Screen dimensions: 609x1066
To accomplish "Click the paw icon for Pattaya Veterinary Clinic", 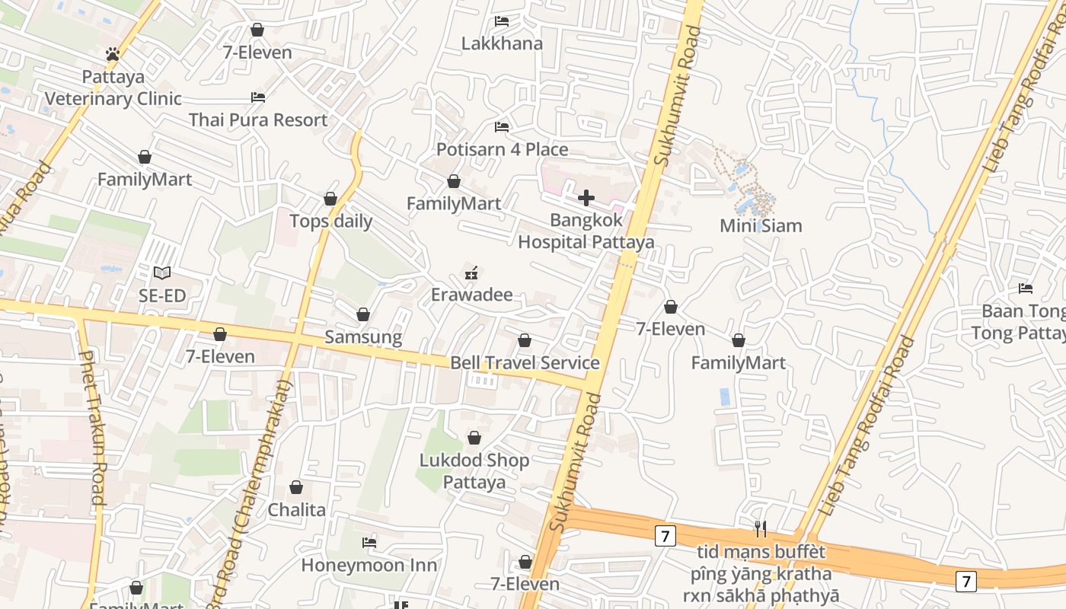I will (113, 54).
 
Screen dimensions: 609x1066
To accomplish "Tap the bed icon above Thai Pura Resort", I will (258, 97).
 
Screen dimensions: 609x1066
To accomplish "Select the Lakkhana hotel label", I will (502, 43).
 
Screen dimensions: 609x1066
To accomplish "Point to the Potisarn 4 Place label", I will (502, 149).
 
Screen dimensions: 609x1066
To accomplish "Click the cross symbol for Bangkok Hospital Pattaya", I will (586, 198).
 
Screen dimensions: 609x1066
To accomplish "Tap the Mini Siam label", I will (761, 226).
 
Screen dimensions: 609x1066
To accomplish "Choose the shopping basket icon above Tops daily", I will (330, 199).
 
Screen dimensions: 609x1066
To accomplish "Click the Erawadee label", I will (471, 295).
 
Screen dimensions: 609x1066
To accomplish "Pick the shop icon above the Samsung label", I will (363, 315).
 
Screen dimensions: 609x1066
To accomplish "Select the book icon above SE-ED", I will (161, 273).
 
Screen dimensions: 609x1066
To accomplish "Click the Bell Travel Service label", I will (525, 363).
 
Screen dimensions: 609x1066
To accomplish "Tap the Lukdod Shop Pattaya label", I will (474, 471).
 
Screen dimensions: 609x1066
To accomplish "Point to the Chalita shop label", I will (296, 510).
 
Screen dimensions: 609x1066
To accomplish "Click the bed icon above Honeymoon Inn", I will (369, 543).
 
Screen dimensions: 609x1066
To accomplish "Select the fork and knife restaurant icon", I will (760, 529).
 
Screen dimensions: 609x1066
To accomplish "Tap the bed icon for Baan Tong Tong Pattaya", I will (1026, 289).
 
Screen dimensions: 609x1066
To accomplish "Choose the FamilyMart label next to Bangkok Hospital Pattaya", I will (454, 204).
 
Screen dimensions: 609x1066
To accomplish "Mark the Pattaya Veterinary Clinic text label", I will (113, 88).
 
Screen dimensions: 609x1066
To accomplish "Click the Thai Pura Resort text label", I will (258, 120).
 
